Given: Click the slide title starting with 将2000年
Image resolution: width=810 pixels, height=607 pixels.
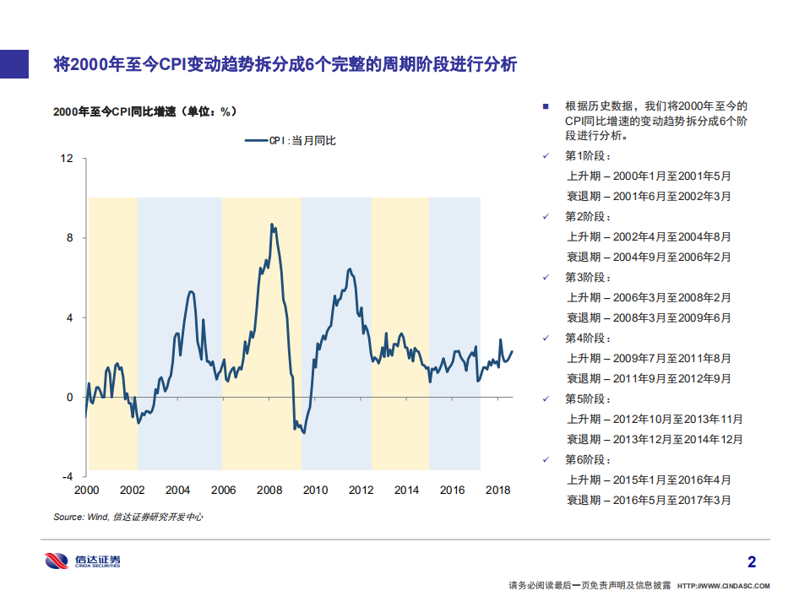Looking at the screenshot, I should point(285,64).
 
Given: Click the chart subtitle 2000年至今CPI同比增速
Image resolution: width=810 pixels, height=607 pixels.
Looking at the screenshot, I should point(144,111).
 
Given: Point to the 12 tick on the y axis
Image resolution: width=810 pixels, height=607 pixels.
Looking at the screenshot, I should point(68,159).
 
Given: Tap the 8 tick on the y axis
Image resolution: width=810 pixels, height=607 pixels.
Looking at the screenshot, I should point(71,238).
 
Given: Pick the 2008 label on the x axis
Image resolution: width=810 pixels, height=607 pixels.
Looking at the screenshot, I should point(269,490).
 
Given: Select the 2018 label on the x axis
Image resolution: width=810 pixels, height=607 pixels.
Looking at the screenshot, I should point(498,490).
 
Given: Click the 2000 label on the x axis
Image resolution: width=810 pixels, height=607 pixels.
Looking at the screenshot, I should point(86,490).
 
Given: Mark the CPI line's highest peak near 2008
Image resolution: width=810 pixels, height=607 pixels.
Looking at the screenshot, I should point(271,225).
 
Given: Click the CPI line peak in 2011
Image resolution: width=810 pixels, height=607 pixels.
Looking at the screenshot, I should point(349,269).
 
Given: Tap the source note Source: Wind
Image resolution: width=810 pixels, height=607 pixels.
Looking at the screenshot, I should point(128,517).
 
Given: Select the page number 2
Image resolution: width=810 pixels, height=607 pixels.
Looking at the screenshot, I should point(752,561).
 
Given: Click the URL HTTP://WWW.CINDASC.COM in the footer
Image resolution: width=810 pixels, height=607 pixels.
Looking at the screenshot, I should point(725,585).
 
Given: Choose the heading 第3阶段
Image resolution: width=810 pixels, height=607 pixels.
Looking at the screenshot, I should point(587,278).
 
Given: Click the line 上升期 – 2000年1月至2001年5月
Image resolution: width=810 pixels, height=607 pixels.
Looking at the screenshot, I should point(649,176).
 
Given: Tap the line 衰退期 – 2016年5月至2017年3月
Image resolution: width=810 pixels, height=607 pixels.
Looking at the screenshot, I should point(649,500).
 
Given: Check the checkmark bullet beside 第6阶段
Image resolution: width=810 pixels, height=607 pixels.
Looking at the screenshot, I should point(546,459).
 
